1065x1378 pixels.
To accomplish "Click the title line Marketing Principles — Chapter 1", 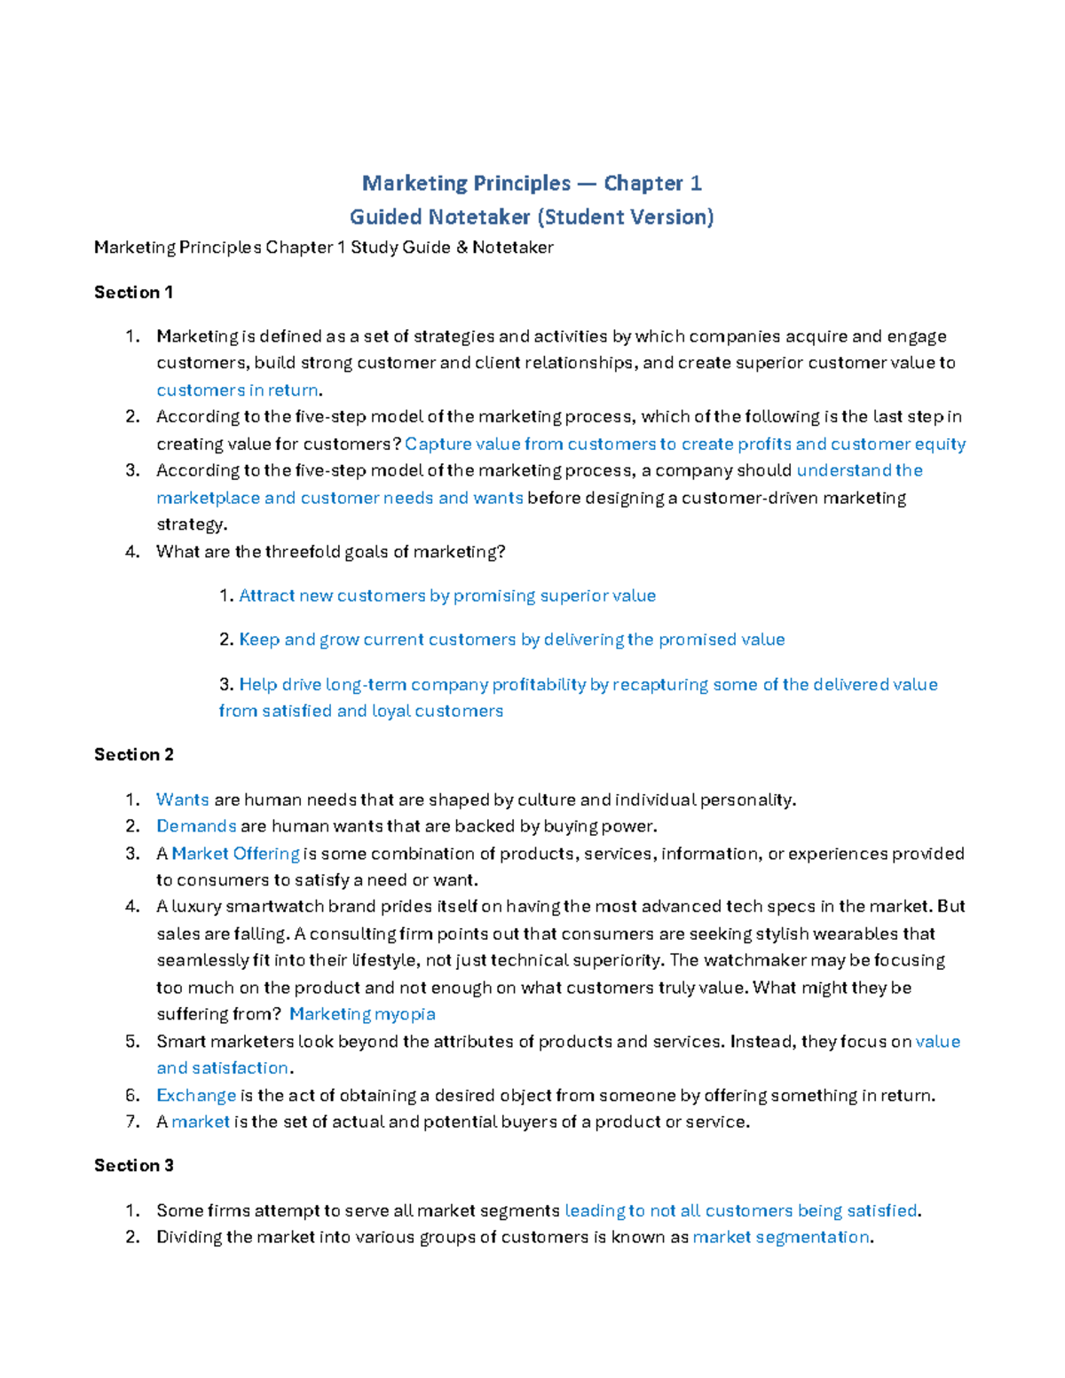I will (532, 184).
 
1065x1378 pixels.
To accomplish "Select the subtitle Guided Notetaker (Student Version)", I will (532, 217).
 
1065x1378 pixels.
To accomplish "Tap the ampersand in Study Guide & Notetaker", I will (461, 248).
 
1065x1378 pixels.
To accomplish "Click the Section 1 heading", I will (133, 292).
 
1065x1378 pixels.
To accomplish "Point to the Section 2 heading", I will (133, 754).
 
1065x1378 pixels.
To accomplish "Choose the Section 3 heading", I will (133, 1165).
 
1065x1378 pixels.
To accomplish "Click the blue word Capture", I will (437, 444).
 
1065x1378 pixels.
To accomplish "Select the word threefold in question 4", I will (304, 552).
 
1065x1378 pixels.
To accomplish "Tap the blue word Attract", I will (266, 595).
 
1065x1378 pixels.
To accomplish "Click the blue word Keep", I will (258, 640).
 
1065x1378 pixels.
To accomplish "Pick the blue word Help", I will (258, 684).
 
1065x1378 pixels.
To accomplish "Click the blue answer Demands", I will (196, 826).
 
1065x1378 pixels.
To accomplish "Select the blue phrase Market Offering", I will (235, 854).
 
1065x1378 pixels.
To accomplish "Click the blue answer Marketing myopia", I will (362, 1014).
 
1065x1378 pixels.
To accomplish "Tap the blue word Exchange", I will (196, 1095).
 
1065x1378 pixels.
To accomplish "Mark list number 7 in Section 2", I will (132, 1122).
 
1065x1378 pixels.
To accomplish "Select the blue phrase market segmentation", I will (781, 1237).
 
